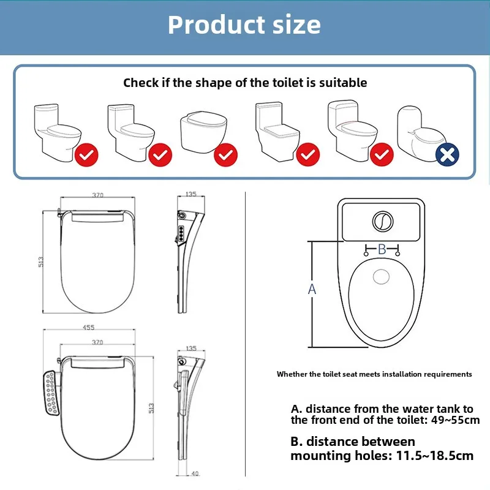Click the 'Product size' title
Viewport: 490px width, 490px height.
click(244, 25)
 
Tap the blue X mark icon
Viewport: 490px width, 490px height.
click(447, 154)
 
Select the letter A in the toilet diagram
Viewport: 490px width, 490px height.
click(312, 289)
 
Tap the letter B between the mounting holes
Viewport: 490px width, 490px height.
click(381, 249)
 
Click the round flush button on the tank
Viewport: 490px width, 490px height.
click(383, 221)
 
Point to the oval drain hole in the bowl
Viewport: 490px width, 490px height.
click(382, 277)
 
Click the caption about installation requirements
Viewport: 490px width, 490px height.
click(374, 374)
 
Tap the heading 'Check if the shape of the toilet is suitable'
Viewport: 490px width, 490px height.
click(245, 82)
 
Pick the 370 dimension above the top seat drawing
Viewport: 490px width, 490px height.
click(98, 195)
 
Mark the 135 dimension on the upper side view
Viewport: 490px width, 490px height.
click(190, 195)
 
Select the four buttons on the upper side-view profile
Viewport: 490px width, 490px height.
click(182, 232)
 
